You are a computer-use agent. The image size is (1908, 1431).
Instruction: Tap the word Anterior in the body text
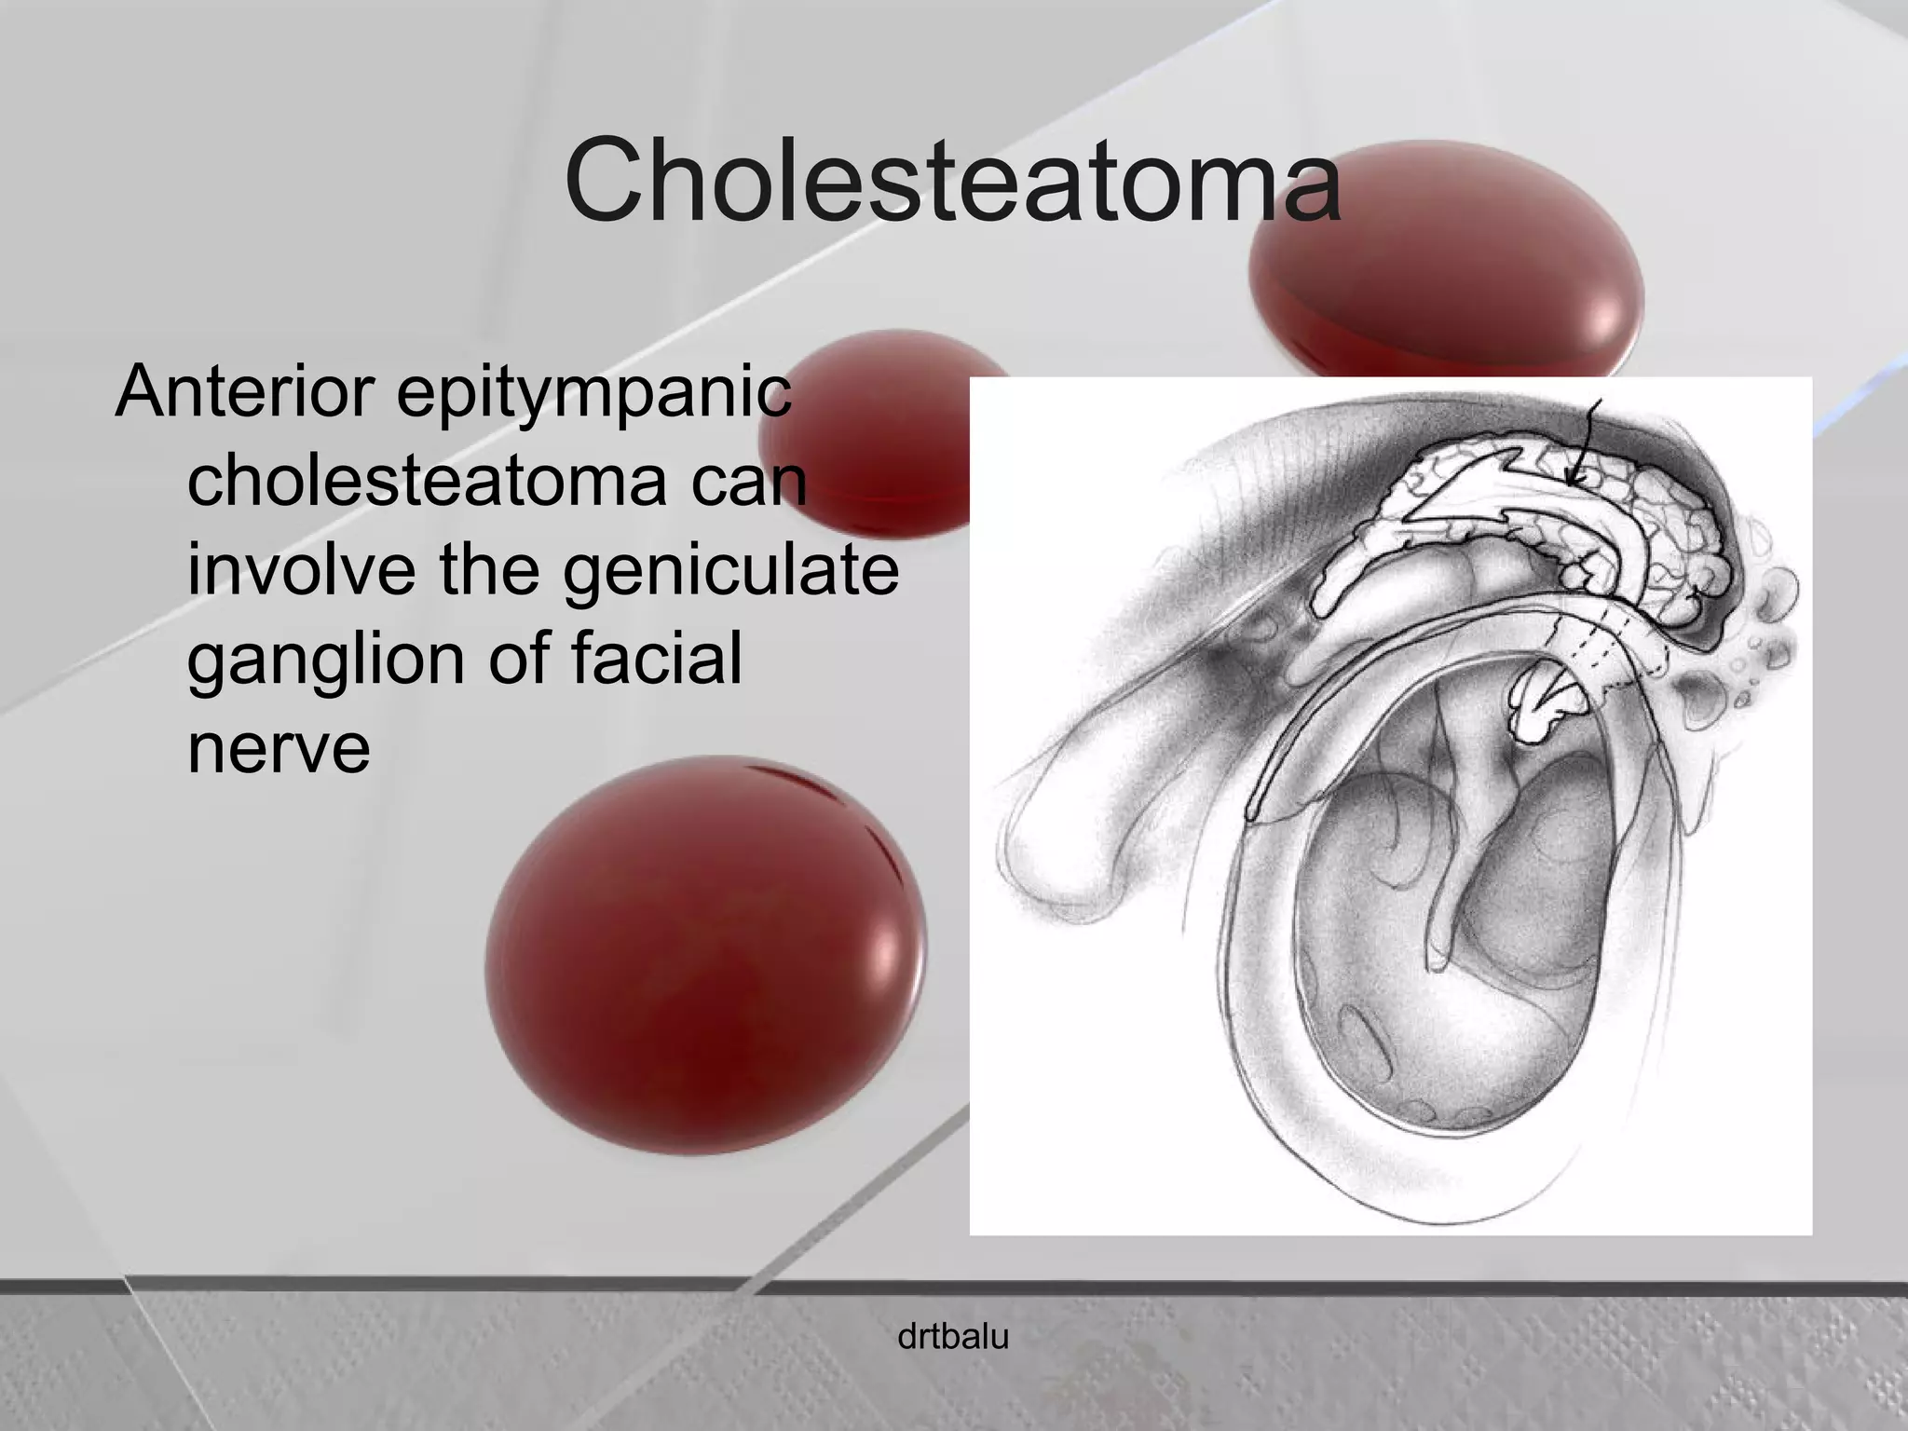[244, 391]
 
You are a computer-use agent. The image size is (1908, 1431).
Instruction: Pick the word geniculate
[730, 571]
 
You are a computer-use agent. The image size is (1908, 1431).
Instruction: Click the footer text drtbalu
[952, 1337]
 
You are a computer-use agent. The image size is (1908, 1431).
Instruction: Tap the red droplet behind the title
[1444, 270]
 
